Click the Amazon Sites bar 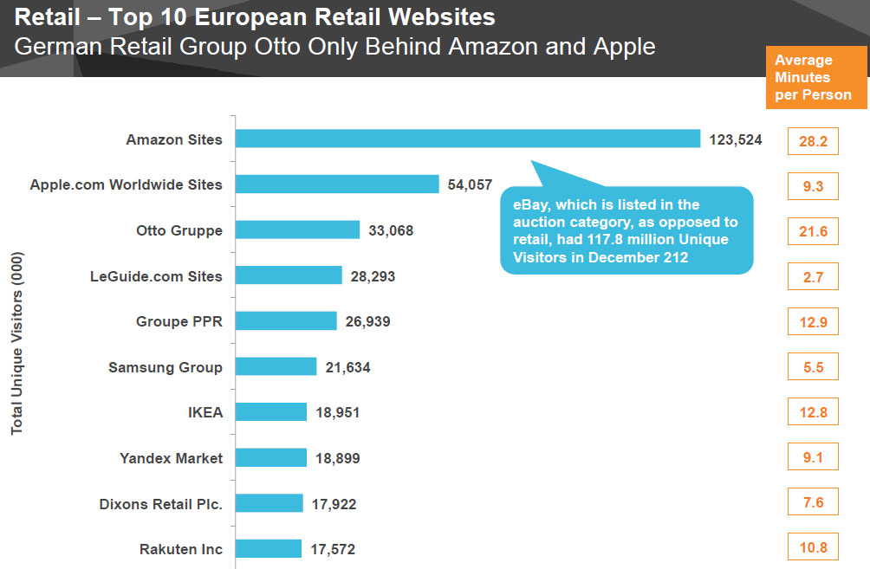468,139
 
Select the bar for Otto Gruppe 297,230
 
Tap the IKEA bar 271,412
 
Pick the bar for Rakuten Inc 269,548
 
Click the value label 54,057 471,184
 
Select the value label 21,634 347,367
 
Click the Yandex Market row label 171,458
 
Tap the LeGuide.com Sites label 156,276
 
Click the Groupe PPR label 179,321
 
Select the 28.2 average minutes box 813,140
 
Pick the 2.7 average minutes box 813,277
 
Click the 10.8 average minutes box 813,547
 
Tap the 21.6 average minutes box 813,231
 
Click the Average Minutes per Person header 813,77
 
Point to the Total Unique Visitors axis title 17,343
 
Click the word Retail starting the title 44,16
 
